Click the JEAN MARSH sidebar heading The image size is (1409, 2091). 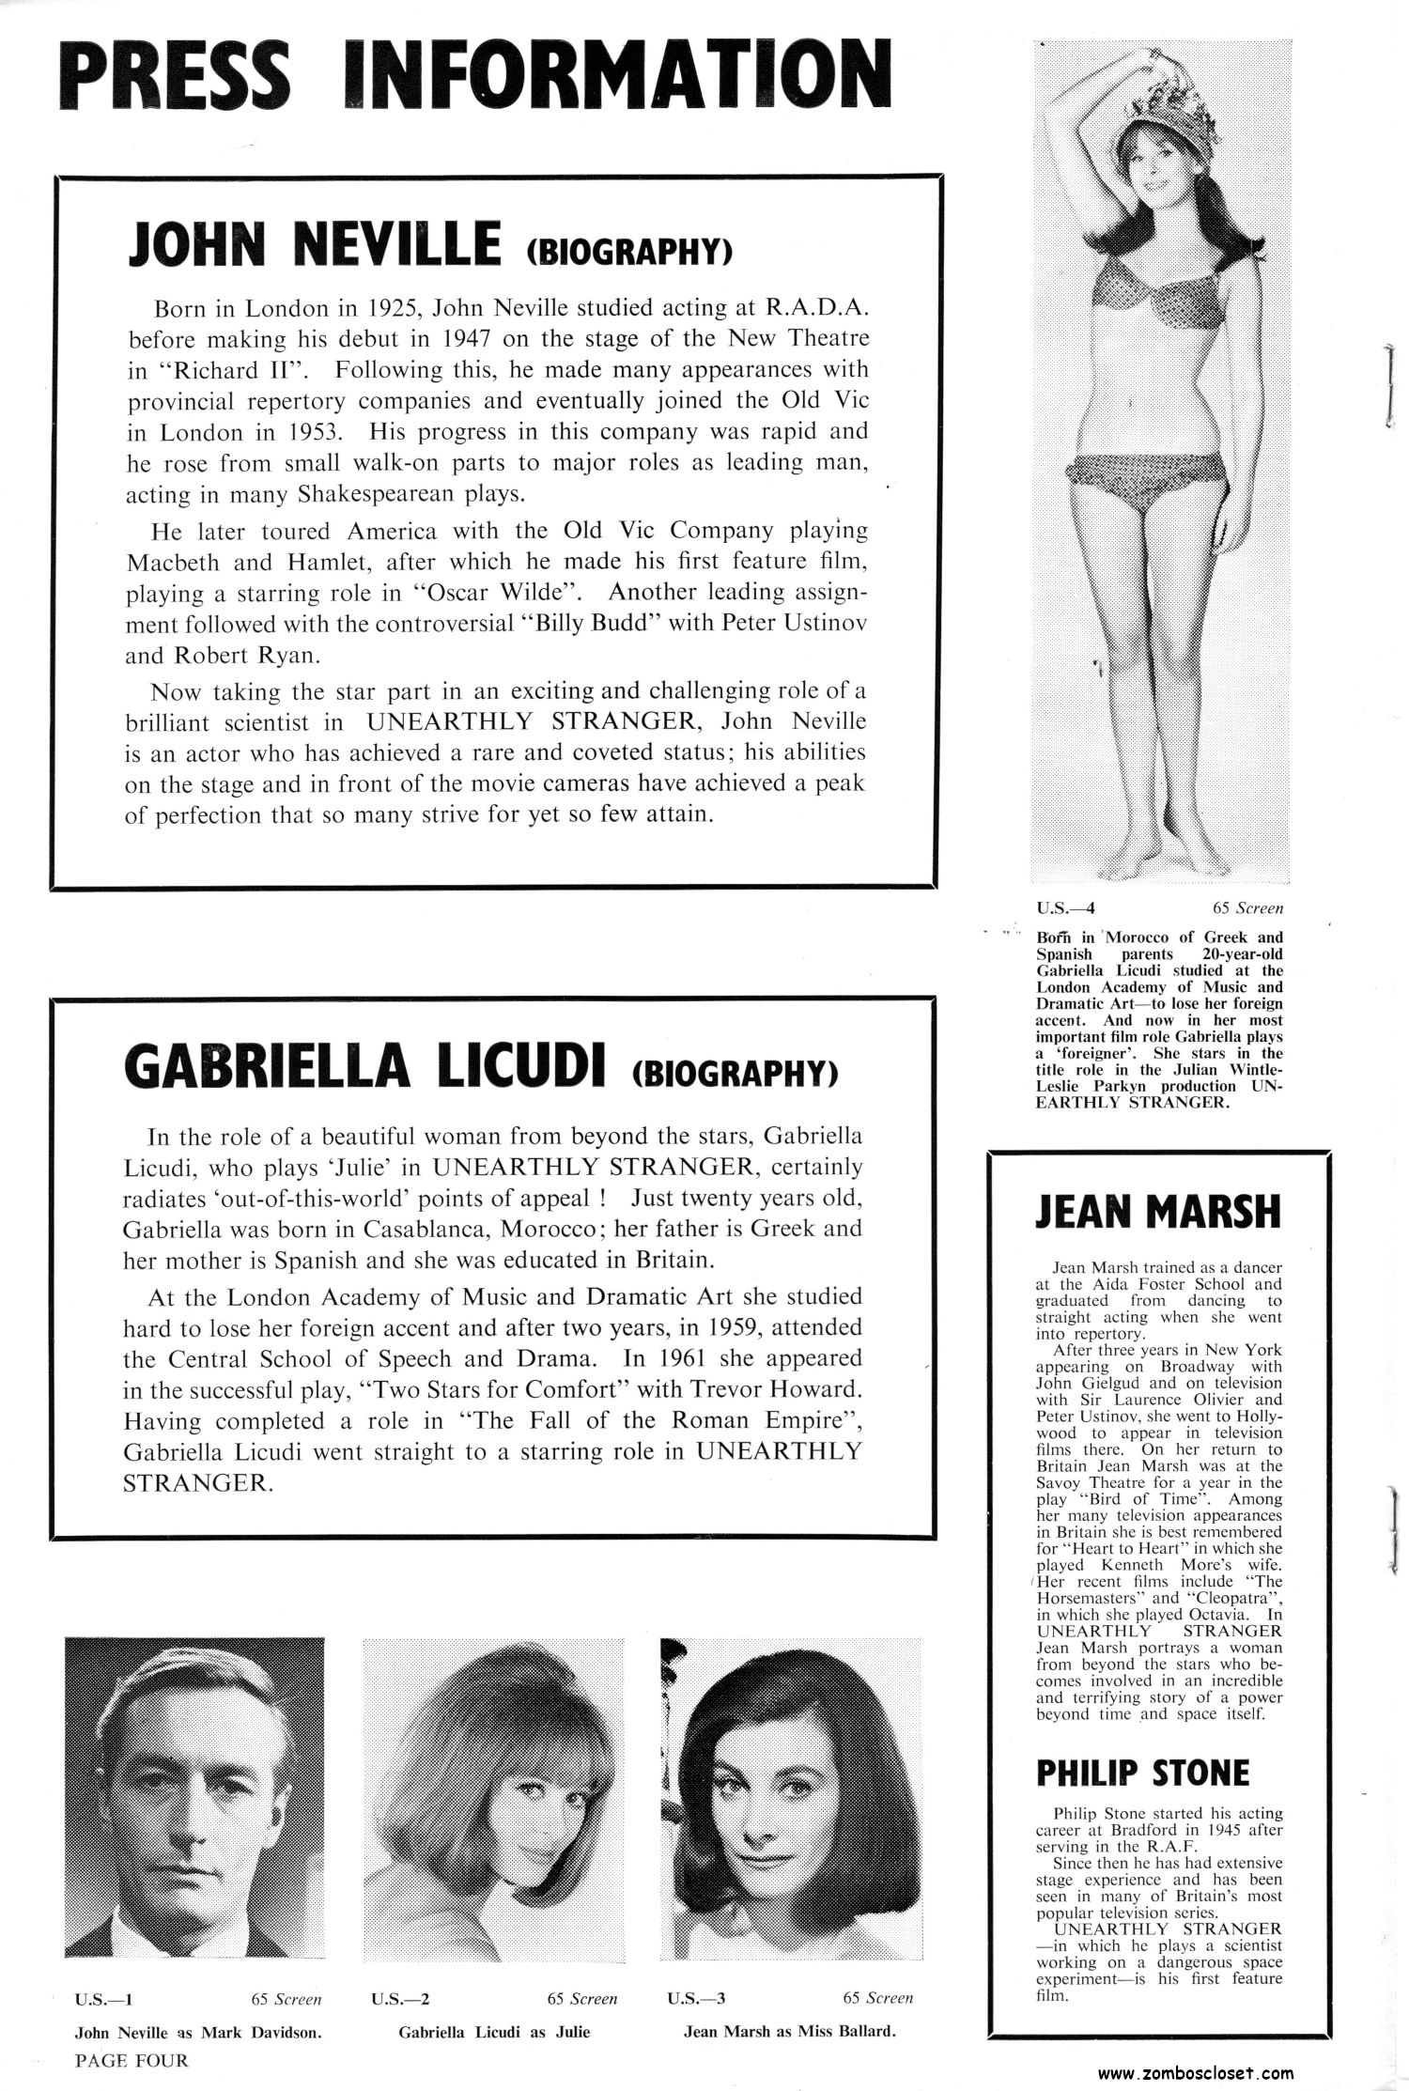(x=1157, y=1212)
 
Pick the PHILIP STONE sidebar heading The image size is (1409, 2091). (x=1142, y=1773)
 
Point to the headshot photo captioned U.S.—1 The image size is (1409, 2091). (x=194, y=1794)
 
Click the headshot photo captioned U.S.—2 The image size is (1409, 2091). (x=490, y=1794)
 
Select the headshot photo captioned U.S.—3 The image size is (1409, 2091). (x=787, y=1794)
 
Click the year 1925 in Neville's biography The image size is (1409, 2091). (x=391, y=308)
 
